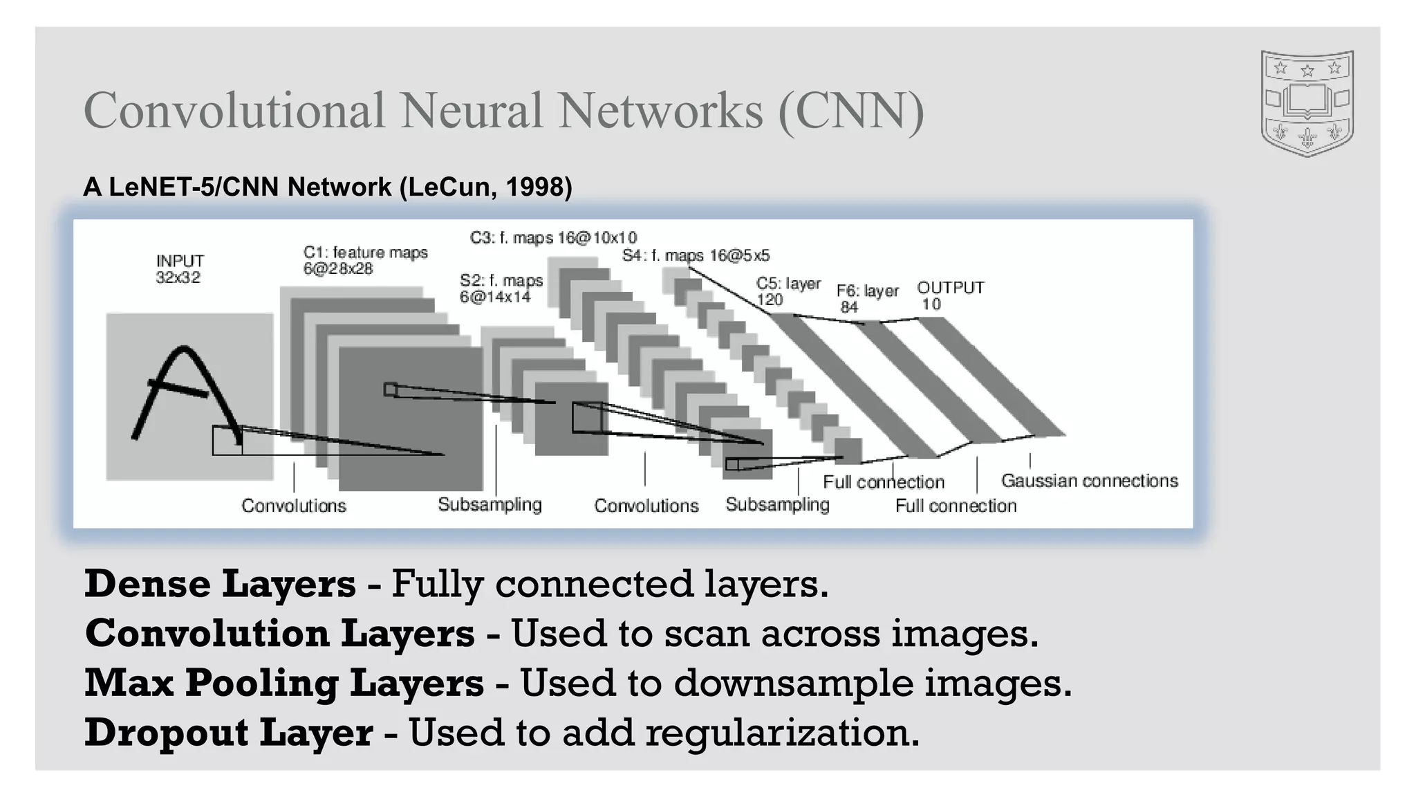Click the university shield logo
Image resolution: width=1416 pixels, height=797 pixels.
click(1307, 102)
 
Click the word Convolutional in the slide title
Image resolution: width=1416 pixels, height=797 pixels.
click(234, 111)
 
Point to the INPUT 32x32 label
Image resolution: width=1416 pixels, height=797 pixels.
click(179, 269)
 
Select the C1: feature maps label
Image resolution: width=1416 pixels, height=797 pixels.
click(364, 261)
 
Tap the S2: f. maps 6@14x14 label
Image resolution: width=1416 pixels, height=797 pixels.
click(501, 288)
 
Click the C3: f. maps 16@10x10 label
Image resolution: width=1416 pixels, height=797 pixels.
click(553, 238)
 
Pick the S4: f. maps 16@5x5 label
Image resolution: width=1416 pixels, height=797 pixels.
click(695, 255)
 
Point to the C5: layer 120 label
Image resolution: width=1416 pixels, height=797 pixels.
click(788, 291)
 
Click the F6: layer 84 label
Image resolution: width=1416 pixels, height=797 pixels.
click(867, 298)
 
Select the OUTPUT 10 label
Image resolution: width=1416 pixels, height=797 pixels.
click(950, 295)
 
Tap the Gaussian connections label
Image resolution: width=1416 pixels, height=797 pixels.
click(1089, 481)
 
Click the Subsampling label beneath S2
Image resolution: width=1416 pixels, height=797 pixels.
click(490, 504)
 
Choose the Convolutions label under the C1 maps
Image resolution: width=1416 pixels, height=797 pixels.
click(293, 506)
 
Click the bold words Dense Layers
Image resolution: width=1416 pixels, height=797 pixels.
click(220, 583)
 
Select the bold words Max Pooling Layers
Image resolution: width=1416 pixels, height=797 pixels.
click(283, 683)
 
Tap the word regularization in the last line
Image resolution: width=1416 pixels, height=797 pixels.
click(782, 733)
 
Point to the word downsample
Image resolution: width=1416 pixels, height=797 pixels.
click(793, 683)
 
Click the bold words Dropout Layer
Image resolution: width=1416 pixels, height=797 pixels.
click(228, 733)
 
